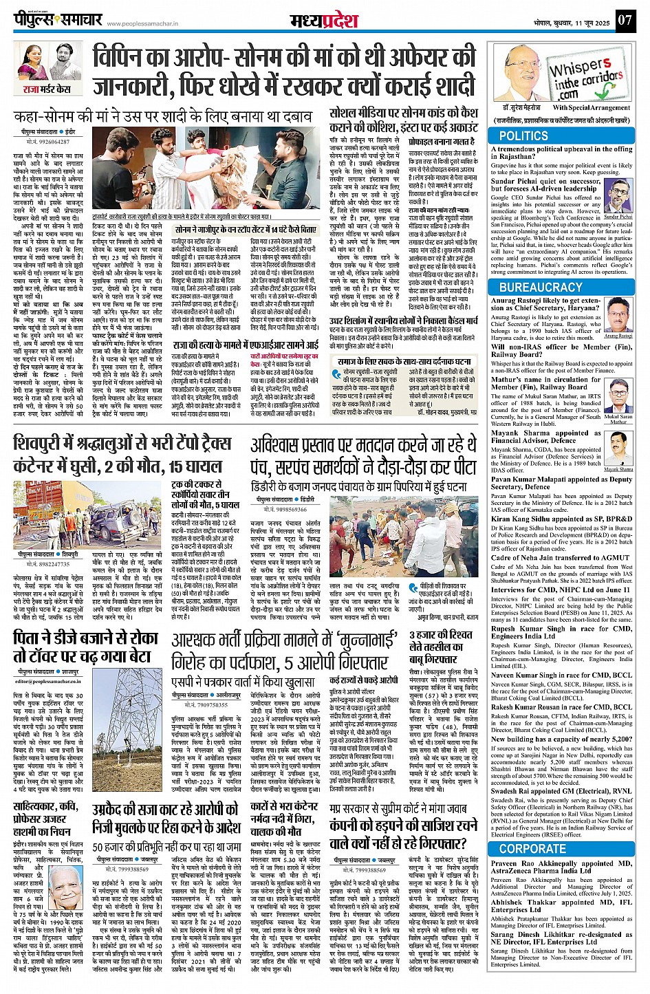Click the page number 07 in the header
[624, 19]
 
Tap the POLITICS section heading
[523, 136]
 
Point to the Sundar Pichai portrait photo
[618, 196]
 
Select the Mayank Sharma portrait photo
[618, 449]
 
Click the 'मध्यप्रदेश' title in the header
[324, 19]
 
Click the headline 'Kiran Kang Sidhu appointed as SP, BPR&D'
[561, 519]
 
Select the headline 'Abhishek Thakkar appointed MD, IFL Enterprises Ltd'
[561, 907]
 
